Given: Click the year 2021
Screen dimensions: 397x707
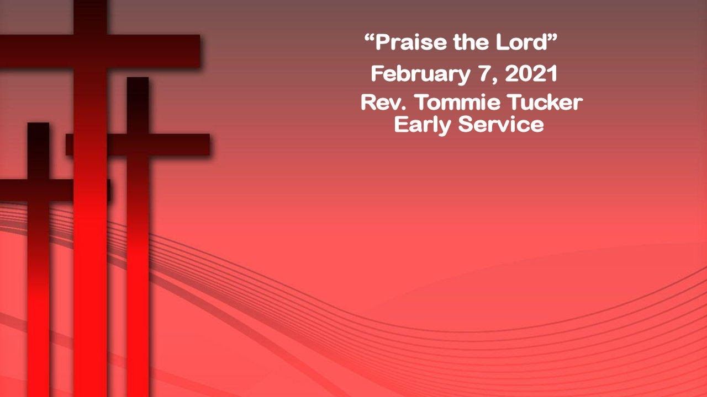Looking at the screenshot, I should [531, 74].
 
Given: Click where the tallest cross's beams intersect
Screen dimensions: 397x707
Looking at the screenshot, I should [90, 51].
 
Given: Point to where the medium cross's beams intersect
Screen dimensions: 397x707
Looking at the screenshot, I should [138, 144].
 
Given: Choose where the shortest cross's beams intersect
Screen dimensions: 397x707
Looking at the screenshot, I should [38, 190].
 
